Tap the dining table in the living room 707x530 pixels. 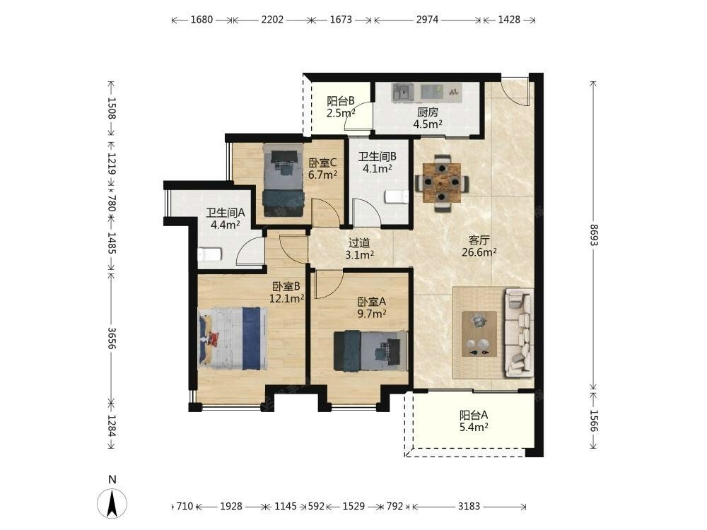click(442, 182)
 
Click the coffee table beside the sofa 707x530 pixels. click(479, 334)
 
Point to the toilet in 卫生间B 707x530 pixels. click(397, 197)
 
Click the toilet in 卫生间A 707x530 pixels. click(210, 254)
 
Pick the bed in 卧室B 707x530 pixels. click(233, 338)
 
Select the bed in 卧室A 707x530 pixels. click(370, 351)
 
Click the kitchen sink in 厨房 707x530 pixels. click(403, 93)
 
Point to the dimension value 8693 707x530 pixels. click(593, 235)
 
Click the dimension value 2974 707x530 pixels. click(427, 19)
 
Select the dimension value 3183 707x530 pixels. click(469, 506)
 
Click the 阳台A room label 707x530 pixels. click(474, 415)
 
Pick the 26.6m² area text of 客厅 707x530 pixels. click(479, 252)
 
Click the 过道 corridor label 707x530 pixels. click(359, 243)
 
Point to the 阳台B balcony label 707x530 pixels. click(341, 100)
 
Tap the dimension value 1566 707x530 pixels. click(593, 420)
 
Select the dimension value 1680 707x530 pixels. click(201, 19)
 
